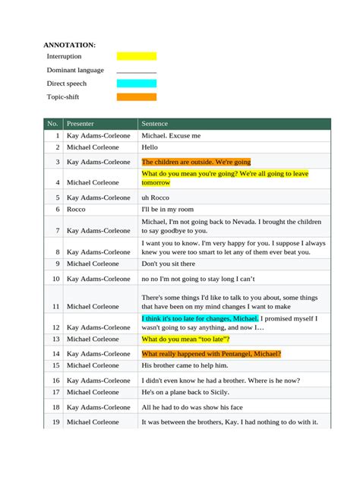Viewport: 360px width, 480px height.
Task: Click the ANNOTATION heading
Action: coord(69,46)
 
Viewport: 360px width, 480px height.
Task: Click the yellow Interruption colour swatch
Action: coord(136,56)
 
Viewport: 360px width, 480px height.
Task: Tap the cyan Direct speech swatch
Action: coord(136,84)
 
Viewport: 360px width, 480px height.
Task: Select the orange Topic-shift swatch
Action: coord(136,97)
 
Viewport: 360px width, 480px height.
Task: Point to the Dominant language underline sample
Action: coord(136,71)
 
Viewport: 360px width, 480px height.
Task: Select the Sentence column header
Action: coord(155,124)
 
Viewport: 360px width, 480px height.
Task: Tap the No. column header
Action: coord(52,124)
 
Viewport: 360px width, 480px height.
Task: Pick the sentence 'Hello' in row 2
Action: coord(150,147)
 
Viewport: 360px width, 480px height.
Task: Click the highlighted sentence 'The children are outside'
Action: coord(196,162)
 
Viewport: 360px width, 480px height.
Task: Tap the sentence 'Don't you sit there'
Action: coord(169,264)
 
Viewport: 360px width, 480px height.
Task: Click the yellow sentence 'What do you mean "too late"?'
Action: coord(185,339)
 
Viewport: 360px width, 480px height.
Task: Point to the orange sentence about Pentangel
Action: coord(211,354)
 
